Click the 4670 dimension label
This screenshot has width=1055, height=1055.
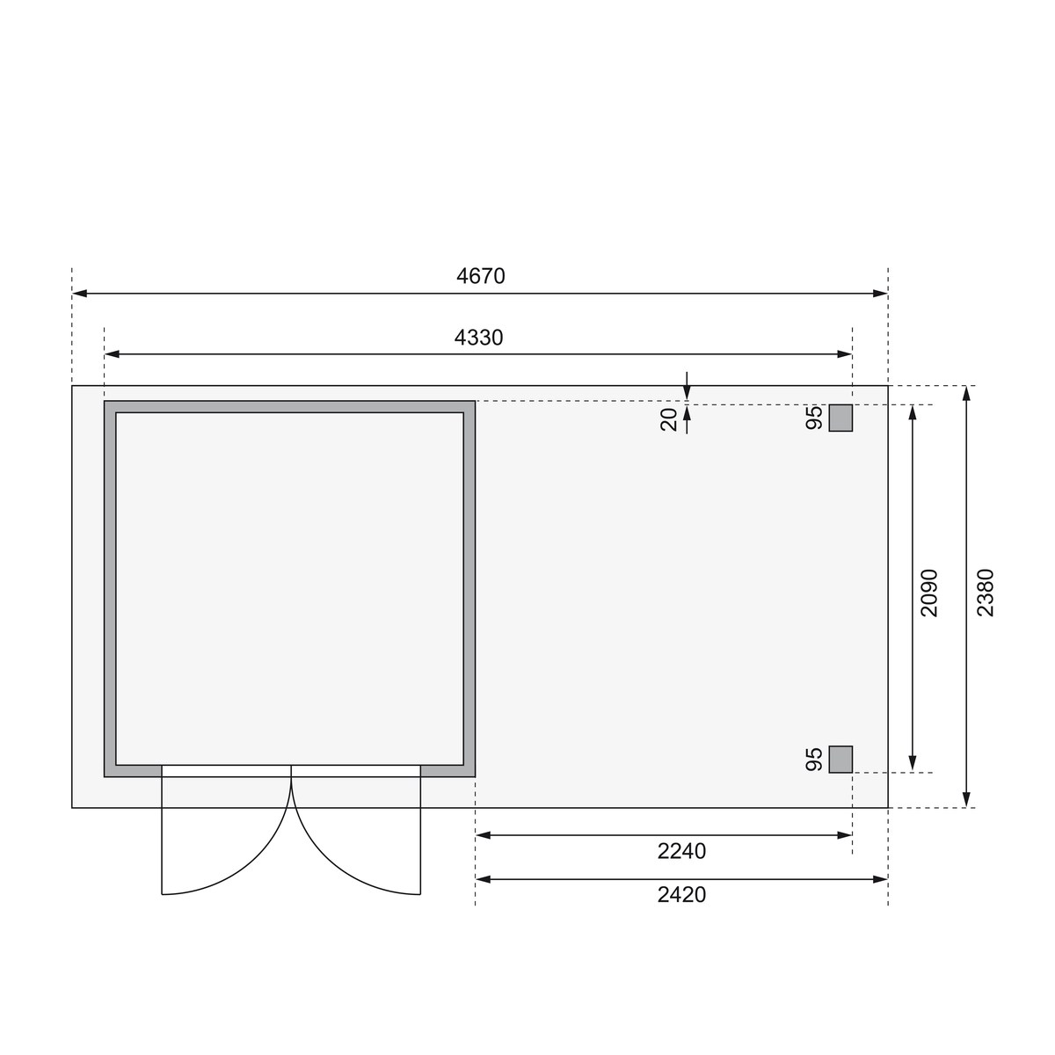(481, 276)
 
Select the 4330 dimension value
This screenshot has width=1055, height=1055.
(479, 338)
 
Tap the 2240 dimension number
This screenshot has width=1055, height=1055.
(681, 851)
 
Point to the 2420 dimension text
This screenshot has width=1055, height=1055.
(681, 895)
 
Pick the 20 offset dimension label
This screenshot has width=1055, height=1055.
(670, 419)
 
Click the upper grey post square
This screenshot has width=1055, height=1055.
(840, 418)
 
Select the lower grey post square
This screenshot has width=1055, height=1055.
(840, 760)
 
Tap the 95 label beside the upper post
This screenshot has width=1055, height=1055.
(814, 418)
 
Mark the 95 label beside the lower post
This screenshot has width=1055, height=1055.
(814, 760)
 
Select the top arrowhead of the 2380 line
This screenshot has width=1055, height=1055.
(967, 393)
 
